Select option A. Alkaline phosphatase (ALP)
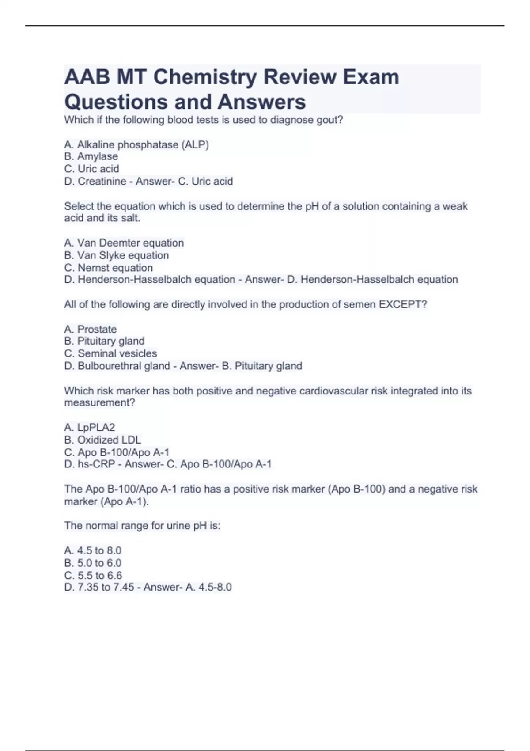(136, 144)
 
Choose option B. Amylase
(91, 156)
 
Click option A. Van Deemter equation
(124, 243)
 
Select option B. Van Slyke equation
(116, 255)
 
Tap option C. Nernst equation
(108, 268)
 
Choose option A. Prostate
(91, 329)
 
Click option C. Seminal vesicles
(110, 353)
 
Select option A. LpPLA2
(90, 427)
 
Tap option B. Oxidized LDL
(102, 440)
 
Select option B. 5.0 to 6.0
(93, 563)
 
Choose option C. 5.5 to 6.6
(93, 575)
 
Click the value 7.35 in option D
(88, 587)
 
